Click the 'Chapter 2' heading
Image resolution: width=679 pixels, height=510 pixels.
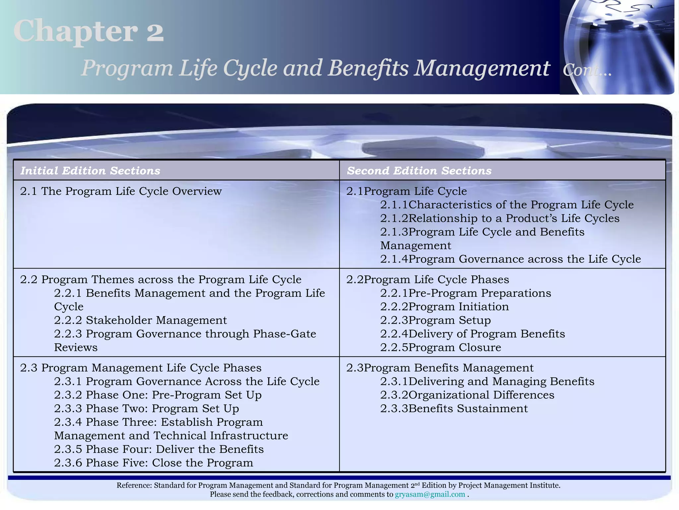89,31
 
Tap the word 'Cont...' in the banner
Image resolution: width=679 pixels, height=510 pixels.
586,70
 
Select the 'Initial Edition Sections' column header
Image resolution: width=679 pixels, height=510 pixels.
90,171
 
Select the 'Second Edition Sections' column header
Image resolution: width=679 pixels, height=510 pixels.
419,171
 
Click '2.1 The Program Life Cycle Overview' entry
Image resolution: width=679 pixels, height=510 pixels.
121,191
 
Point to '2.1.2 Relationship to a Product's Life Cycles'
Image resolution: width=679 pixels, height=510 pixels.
500,218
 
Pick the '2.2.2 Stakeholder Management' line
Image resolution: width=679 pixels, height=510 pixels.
140,320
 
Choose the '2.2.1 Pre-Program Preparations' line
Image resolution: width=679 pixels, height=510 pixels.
465,293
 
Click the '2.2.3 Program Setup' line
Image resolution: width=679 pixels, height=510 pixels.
435,320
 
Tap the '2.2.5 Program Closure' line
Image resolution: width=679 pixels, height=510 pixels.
441,348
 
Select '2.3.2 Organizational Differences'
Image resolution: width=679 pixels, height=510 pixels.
467,395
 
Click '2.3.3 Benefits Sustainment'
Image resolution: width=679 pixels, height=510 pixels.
454,409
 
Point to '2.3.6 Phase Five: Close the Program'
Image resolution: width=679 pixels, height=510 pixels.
154,463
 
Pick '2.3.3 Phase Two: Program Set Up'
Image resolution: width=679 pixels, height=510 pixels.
146,409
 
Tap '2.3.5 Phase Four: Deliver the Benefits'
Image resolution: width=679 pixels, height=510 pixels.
159,449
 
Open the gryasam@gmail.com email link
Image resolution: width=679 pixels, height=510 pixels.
430,494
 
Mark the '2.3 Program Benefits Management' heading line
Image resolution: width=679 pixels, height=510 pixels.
440,368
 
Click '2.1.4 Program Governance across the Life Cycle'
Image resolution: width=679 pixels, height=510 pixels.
510,259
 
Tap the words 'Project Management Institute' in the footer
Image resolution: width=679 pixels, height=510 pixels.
509,485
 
